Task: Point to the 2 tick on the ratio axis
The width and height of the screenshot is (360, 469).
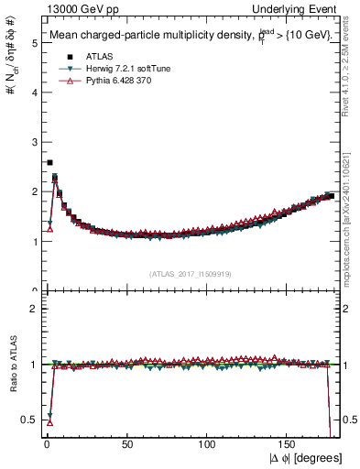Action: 32,309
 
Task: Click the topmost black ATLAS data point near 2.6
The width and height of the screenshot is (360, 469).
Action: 49,162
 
